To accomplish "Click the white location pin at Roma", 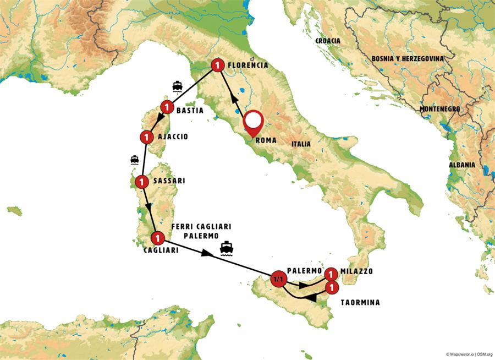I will click(253, 121).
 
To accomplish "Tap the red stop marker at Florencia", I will click(218, 66).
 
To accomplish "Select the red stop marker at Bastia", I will click(167, 106).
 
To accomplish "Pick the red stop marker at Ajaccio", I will click(146, 136).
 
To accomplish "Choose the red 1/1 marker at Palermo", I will click(278, 279).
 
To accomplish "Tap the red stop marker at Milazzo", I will click(331, 274).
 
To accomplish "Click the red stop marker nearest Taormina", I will click(331, 287).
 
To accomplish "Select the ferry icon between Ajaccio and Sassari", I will click(134, 160).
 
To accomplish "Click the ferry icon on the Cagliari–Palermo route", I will click(226, 248).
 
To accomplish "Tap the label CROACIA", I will click(328, 41).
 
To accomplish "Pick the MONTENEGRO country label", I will click(439, 109).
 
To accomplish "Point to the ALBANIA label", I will click(461, 165).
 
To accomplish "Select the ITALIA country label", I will click(301, 144).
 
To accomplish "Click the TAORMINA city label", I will click(360, 302).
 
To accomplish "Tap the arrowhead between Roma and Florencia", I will click(234, 100).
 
